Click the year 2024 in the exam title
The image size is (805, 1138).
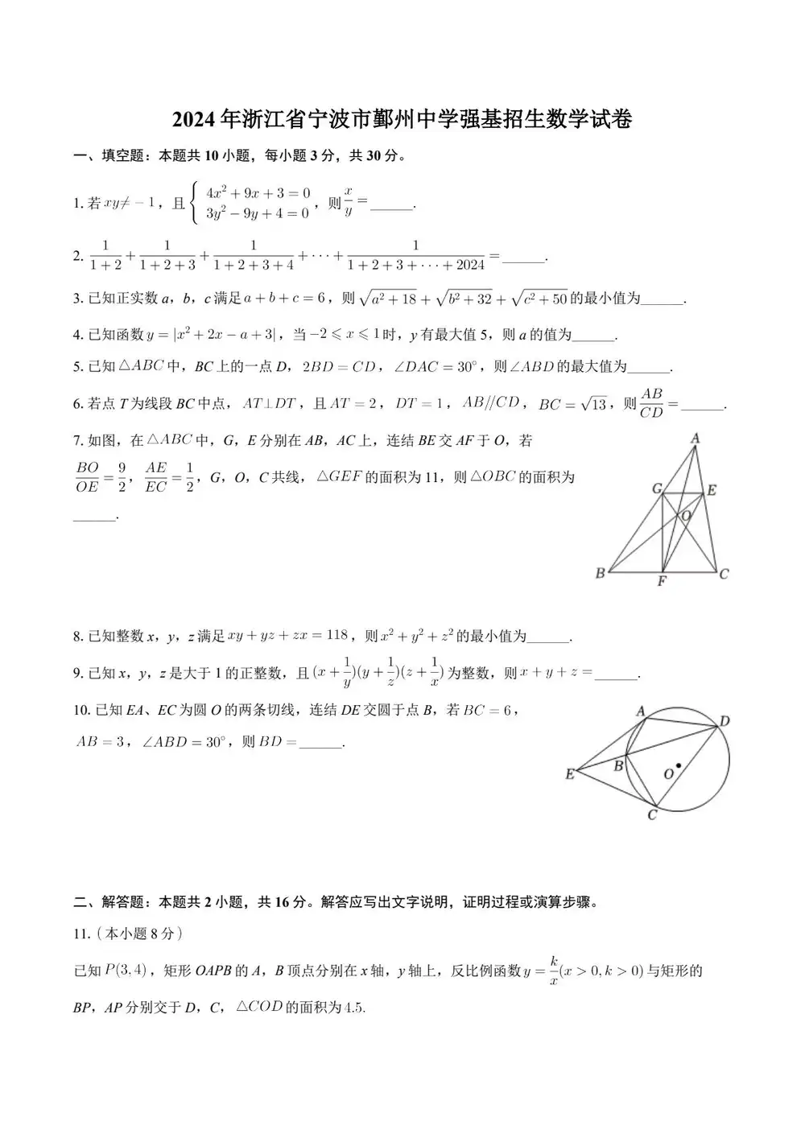(x=195, y=120)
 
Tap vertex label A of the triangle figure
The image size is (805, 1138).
(x=695, y=439)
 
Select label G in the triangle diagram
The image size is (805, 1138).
(x=657, y=489)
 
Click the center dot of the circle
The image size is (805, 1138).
(x=679, y=765)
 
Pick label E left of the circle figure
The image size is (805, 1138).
(x=570, y=774)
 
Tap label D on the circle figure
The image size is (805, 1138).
(x=724, y=721)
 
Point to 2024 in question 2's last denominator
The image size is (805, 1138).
(x=469, y=265)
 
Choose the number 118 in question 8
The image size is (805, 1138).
(x=337, y=635)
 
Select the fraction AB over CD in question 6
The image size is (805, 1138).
(x=651, y=403)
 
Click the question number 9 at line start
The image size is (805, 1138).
(x=76, y=674)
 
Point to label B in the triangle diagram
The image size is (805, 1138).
(x=600, y=574)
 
